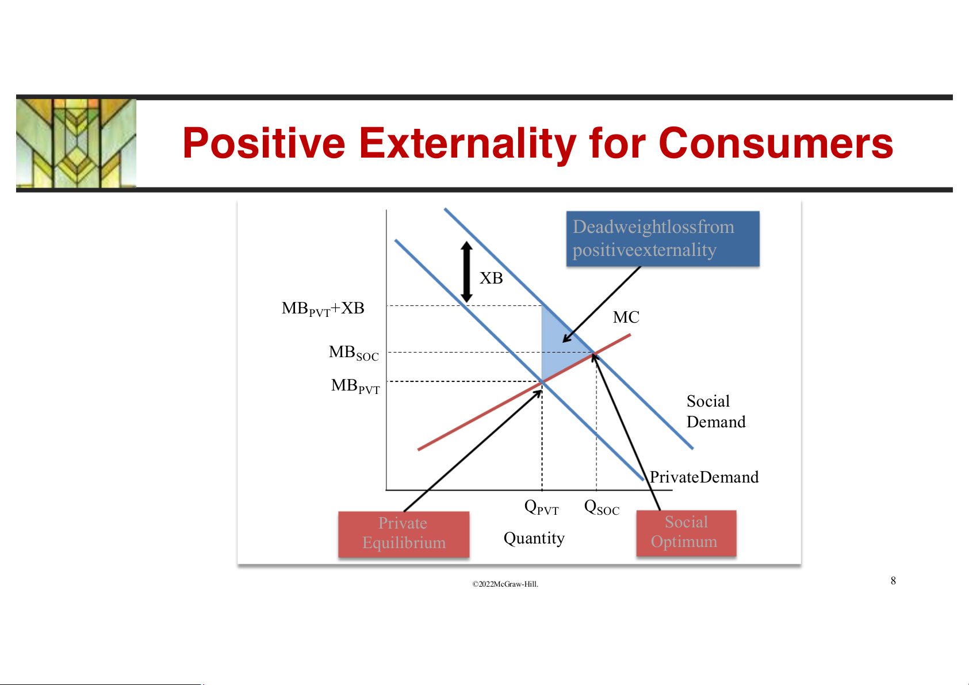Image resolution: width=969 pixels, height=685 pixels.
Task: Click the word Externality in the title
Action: tap(468, 144)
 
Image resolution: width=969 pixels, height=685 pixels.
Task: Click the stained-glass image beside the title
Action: tap(76, 143)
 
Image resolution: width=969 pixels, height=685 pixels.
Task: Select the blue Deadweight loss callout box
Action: tap(662, 239)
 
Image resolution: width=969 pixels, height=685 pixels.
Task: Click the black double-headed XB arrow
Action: tap(466, 271)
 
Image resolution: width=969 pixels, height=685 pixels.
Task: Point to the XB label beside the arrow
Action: tap(491, 278)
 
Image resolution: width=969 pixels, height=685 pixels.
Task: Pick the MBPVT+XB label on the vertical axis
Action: tap(323, 309)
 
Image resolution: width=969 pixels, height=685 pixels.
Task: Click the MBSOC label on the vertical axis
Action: tap(354, 353)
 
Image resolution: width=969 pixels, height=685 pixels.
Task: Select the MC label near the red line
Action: tap(626, 317)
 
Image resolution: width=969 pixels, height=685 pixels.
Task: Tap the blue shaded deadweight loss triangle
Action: tap(558, 346)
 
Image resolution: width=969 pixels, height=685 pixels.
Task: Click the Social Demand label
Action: tap(716, 411)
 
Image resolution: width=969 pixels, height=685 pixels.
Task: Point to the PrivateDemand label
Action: tap(704, 477)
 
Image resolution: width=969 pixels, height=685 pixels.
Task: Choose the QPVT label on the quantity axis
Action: tap(541, 507)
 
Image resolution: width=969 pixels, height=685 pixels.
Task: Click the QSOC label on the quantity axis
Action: tap(602, 507)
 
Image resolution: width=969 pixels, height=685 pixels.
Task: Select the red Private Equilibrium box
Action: tap(404, 534)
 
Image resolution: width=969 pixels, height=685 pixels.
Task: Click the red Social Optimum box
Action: tap(686, 533)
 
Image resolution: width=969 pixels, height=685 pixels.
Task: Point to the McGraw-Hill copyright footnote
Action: tap(505, 584)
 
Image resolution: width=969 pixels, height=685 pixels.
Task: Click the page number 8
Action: tap(893, 581)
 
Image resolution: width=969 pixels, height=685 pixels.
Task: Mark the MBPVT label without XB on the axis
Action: tap(355, 386)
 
